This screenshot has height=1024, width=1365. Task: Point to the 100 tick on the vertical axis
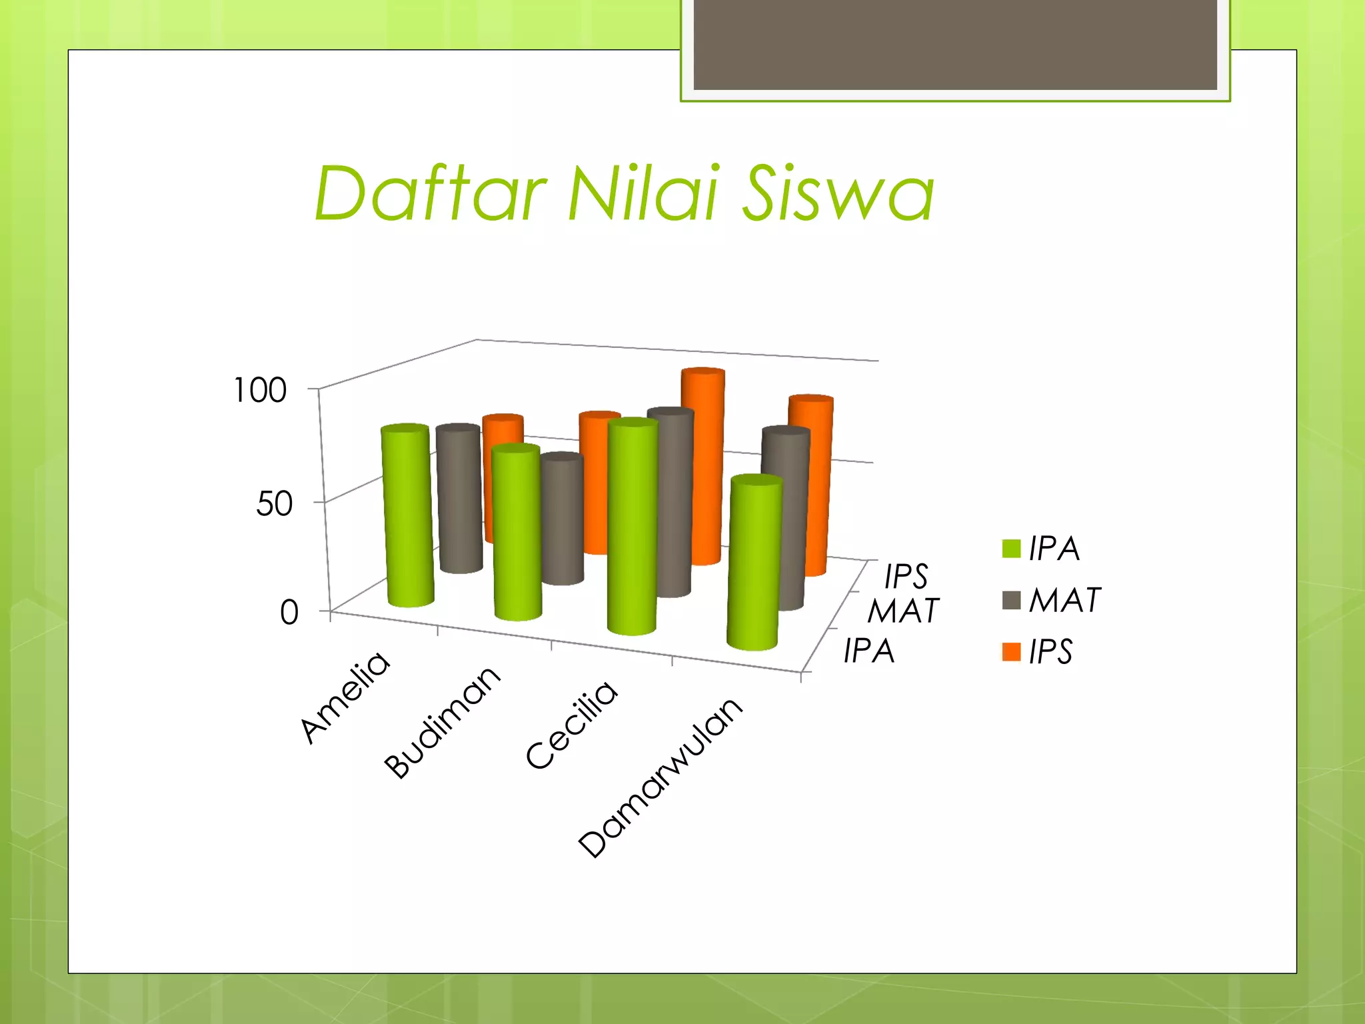pyautogui.click(x=260, y=390)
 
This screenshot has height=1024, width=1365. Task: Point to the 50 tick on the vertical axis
pyautogui.click(x=274, y=503)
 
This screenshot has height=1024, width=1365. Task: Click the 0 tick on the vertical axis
pyautogui.click(x=289, y=612)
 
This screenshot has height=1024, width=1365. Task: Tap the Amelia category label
pyautogui.click(x=345, y=697)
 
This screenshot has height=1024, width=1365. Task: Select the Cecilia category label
pyautogui.click(x=571, y=725)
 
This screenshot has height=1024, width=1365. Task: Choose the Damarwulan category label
pyautogui.click(x=660, y=778)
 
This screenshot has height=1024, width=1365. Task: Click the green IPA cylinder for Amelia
pyautogui.click(x=408, y=517)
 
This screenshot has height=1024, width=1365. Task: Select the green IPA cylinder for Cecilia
pyautogui.click(x=632, y=527)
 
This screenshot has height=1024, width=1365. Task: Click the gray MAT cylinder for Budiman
pyautogui.click(x=562, y=520)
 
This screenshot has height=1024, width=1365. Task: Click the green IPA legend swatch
pyautogui.click(x=1011, y=549)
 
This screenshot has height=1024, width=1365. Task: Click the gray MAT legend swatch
pyautogui.click(x=1011, y=600)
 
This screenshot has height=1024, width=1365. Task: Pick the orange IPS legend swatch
pyautogui.click(x=1011, y=651)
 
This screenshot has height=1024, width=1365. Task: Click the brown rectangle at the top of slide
pyautogui.click(x=954, y=44)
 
